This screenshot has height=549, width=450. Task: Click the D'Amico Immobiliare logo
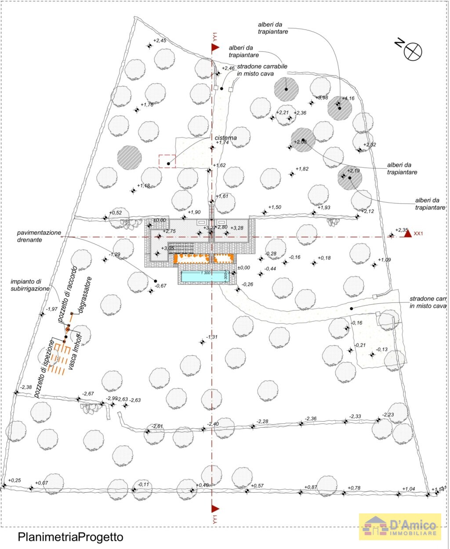point(400,527)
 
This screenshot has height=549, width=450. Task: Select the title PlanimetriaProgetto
point(70,537)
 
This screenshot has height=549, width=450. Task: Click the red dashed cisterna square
point(167,161)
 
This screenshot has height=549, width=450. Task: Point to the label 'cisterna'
point(226,138)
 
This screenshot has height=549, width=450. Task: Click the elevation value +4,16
point(348,98)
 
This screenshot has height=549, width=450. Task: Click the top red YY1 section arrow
point(215,47)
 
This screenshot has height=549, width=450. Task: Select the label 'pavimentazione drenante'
point(39,236)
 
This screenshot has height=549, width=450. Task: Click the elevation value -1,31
point(211,337)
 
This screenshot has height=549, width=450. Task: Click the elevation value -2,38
point(26,387)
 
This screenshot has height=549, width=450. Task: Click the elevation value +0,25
point(15,480)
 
